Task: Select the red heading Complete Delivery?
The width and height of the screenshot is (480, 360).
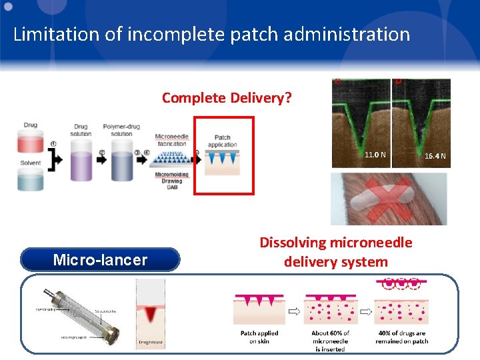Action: click(226, 98)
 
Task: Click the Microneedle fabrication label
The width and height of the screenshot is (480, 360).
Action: click(172, 141)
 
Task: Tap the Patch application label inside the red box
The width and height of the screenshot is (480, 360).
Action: click(222, 141)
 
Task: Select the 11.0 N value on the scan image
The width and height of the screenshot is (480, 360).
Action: click(375, 155)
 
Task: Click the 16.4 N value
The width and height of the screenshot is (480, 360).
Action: click(436, 156)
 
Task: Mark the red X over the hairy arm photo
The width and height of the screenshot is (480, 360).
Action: click(389, 199)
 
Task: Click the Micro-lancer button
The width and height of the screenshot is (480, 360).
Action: click(100, 260)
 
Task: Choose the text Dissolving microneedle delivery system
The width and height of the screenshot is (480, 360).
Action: click(335, 252)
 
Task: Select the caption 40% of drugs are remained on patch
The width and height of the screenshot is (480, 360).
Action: click(402, 337)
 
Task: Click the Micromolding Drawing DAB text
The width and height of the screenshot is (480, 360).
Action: click(172, 181)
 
